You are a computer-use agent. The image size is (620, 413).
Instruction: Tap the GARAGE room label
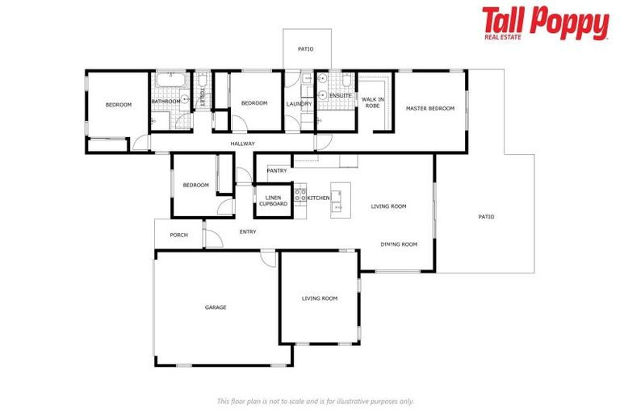pyautogui.click(x=215, y=307)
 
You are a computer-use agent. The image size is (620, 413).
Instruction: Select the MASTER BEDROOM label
pyautogui.click(x=429, y=109)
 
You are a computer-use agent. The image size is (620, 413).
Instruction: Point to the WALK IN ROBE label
pyautogui.click(x=372, y=102)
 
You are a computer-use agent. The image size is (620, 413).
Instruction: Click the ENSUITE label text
pyautogui.click(x=340, y=95)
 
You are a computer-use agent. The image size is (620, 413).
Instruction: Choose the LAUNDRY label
pyautogui.click(x=299, y=104)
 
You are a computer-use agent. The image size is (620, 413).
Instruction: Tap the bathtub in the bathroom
pyautogui.click(x=169, y=81)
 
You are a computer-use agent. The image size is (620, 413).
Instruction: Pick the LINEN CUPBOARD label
pyautogui.click(x=273, y=201)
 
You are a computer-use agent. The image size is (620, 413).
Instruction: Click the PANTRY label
pyautogui.click(x=277, y=171)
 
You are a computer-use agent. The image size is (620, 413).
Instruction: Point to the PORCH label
pyautogui.click(x=178, y=236)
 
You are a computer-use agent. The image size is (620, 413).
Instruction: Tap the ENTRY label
pyautogui.click(x=248, y=232)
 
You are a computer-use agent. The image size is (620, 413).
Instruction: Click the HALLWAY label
pyautogui.click(x=242, y=144)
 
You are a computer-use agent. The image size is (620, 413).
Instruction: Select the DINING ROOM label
pyautogui.click(x=399, y=244)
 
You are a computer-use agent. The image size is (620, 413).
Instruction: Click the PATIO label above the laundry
pyautogui.click(x=305, y=50)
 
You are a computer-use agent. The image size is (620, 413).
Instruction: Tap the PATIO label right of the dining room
pyautogui.click(x=485, y=216)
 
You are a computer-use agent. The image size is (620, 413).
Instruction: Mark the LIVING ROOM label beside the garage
pyautogui.click(x=320, y=298)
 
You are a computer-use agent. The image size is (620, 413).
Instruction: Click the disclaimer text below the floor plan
pyautogui.click(x=315, y=401)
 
